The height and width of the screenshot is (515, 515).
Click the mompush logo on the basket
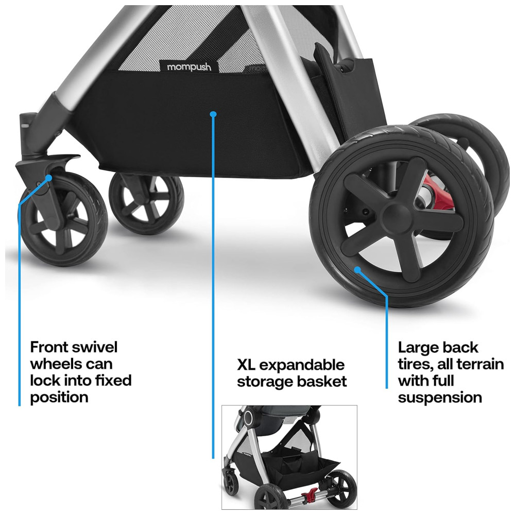click(189, 66)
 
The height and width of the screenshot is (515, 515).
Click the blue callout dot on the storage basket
click(213, 114)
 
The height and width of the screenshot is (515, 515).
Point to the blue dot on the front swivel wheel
click(48, 178)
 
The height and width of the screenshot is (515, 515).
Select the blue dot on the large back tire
click(357, 270)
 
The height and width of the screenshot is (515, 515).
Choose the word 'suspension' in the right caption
click(440, 398)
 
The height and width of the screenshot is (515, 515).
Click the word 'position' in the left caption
click(59, 398)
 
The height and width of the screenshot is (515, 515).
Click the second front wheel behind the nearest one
click(146, 203)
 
